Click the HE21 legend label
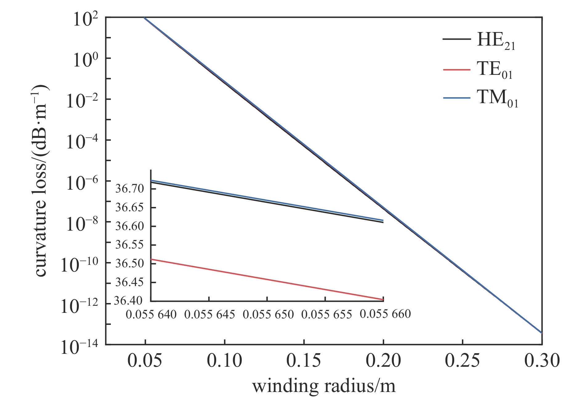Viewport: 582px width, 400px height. pos(495,41)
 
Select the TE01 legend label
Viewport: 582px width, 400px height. pos(494,70)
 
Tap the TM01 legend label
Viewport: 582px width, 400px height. pos(497,98)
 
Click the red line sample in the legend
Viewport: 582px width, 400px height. pos(457,70)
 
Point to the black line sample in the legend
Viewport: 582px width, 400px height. pos(457,39)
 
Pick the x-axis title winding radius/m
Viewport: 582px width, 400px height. pos(324,386)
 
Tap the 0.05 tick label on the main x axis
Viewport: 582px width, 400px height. pos(144,360)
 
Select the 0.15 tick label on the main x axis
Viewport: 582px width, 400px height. pos(304,360)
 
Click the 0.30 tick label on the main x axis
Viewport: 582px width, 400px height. pos(542,360)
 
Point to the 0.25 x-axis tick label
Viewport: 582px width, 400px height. pos(462,360)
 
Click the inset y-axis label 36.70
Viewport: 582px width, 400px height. pos(130,188)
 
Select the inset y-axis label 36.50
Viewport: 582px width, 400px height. pos(130,264)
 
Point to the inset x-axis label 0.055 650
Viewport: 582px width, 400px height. pos(268,314)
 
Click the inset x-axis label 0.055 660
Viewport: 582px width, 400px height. pos(385,314)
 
